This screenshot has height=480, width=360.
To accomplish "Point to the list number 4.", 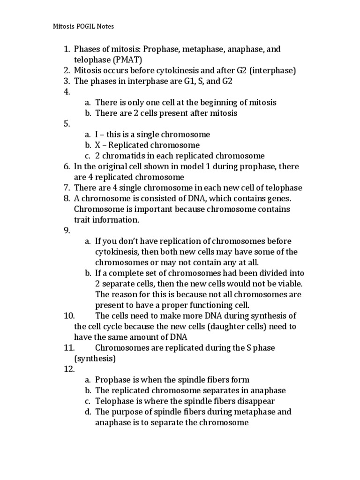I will [66, 92].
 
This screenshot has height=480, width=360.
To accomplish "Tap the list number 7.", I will [66, 188].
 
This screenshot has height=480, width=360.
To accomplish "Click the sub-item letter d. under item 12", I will [88, 412].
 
